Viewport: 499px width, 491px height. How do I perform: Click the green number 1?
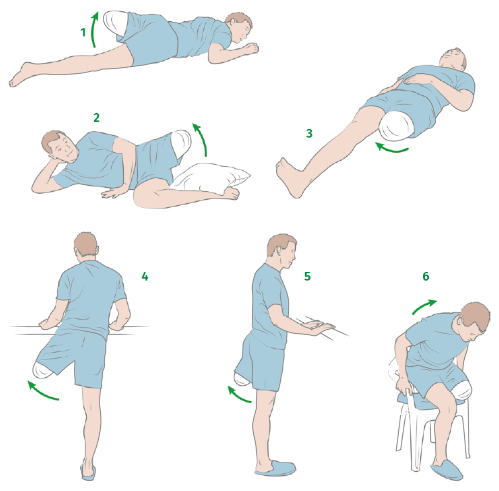(x=83, y=32)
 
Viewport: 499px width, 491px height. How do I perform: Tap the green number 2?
(x=97, y=118)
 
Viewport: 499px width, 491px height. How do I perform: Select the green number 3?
(x=309, y=133)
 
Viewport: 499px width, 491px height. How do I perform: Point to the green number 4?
(x=145, y=277)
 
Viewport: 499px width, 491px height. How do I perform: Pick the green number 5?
(x=307, y=276)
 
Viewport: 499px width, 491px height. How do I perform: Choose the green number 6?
(x=426, y=276)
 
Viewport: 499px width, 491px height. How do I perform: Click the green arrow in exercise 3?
(x=391, y=150)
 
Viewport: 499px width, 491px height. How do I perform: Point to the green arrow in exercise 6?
(x=424, y=306)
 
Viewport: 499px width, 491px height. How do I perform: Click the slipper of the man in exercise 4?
(x=88, y=471)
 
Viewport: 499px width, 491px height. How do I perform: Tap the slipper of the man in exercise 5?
(x=275, y=469)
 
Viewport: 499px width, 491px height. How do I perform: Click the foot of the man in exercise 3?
(x=291, y=177)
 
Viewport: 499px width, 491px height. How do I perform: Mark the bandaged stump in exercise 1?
(x=115, y=23)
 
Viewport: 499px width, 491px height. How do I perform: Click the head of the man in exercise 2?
(x=60, y=146)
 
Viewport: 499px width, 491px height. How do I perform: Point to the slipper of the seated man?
(x=447, y=470)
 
